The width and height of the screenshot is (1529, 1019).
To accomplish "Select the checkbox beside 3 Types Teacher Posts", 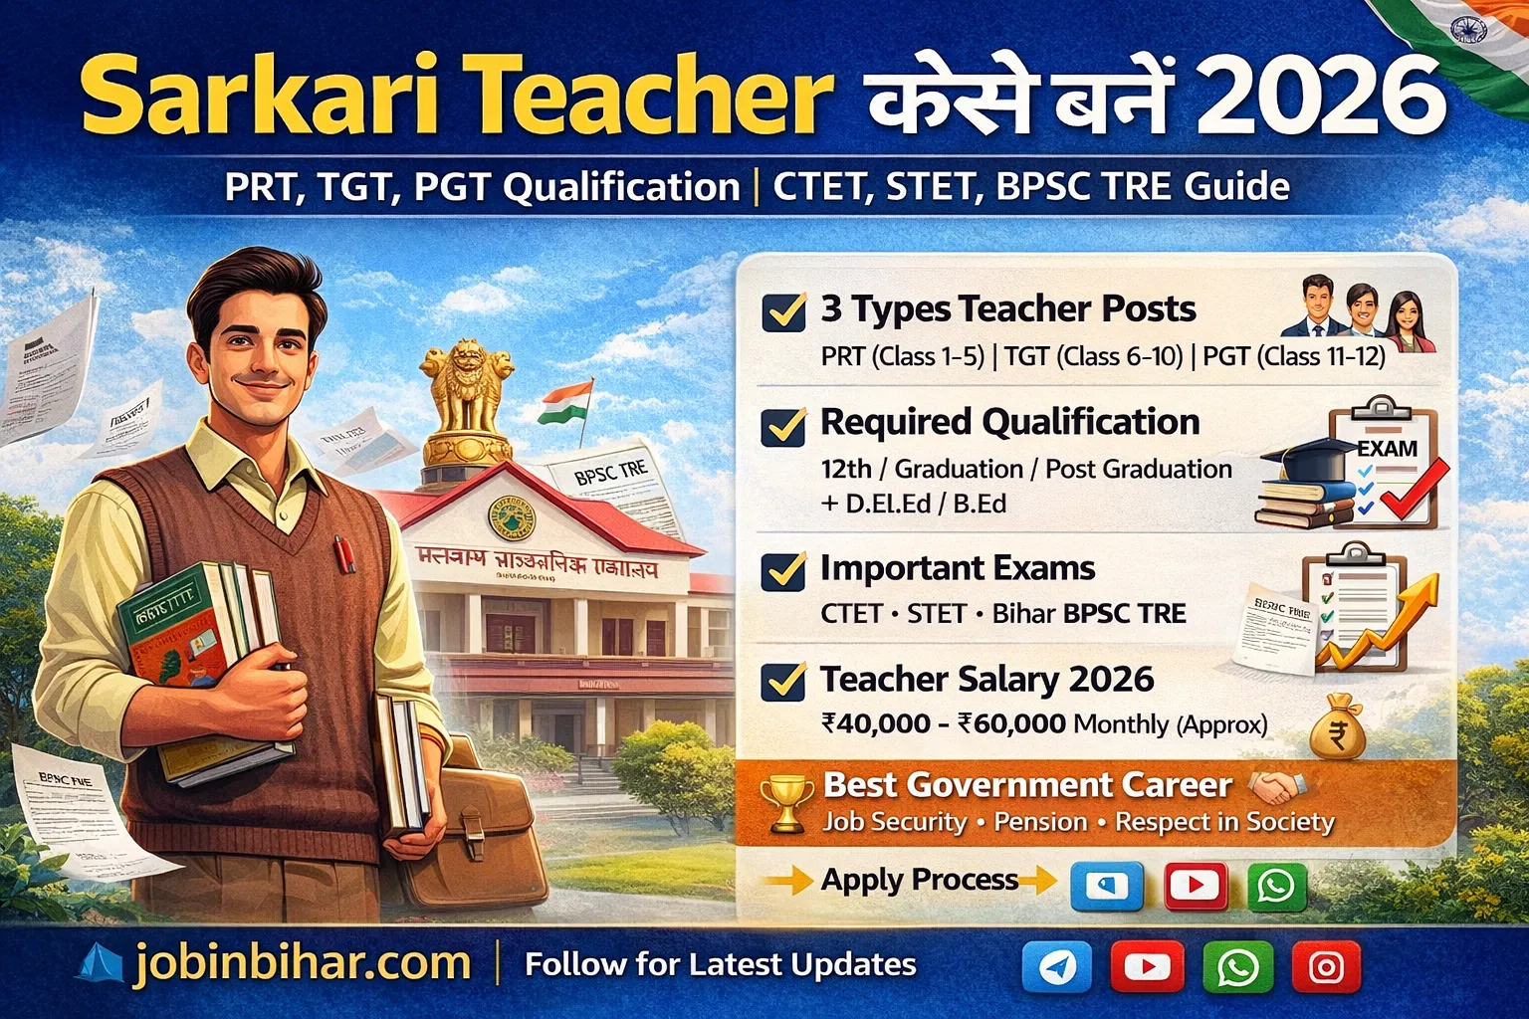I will (783, 311).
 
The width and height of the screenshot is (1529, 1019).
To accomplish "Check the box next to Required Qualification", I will (783, 426).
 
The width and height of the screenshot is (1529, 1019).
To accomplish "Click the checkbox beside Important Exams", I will (783, 571).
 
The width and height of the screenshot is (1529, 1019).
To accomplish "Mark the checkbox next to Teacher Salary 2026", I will (783, 682).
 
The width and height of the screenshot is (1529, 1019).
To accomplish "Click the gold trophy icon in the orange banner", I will (786, 803).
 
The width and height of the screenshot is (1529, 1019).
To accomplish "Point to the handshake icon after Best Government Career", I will (1275, 787).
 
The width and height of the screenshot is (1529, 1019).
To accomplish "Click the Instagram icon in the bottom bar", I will (1326, 966).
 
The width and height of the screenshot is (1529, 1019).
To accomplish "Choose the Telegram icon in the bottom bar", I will (1057, 966).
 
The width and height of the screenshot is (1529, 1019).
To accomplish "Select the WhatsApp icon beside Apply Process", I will (1276, 885).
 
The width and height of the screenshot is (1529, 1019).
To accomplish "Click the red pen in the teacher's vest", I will (344, 554).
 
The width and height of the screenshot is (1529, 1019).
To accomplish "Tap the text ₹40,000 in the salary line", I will (875, 723).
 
